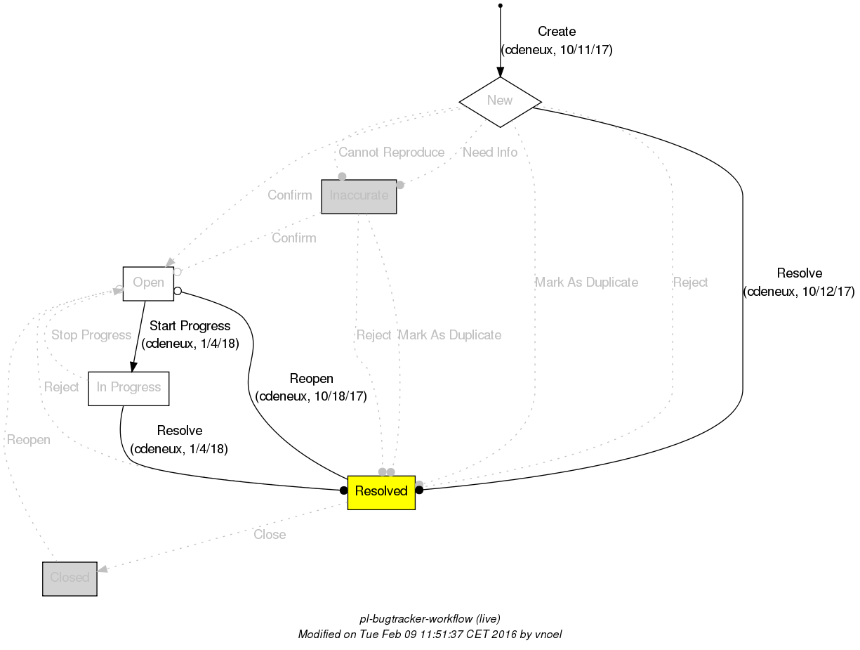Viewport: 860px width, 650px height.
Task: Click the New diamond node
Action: (x=500, y=101)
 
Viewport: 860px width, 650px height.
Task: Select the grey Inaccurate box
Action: (x=359, y=196)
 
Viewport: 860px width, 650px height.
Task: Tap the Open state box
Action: (x=148, y=283)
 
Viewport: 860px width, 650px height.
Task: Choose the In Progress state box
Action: (x=128, y=388)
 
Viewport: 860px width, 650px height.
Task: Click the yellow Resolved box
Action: (x=381, y=491)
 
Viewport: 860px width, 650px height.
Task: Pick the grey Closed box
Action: (x=70, y=578)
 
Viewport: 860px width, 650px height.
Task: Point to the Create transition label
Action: (x=556, y=32)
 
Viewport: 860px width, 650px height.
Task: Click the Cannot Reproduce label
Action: (x=391, y=152)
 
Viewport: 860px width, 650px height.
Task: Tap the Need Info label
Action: (x=490, y=152)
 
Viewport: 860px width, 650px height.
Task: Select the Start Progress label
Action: (x=190, y=326)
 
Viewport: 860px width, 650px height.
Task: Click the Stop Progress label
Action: (x=91, y=335)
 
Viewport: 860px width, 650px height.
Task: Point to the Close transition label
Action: (x=270, y=535)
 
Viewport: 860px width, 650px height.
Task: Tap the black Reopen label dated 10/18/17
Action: (x=311, y=379)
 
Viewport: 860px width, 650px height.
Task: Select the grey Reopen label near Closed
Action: (x=29, y=441)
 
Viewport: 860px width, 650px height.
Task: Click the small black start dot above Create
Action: (x=500, y=6)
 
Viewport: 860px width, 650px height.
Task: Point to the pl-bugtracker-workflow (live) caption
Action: (x=430, y=619)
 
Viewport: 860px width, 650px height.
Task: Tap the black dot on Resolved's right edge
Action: (x=419, y=490)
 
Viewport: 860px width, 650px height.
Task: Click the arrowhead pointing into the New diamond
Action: (x=500, y=71)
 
